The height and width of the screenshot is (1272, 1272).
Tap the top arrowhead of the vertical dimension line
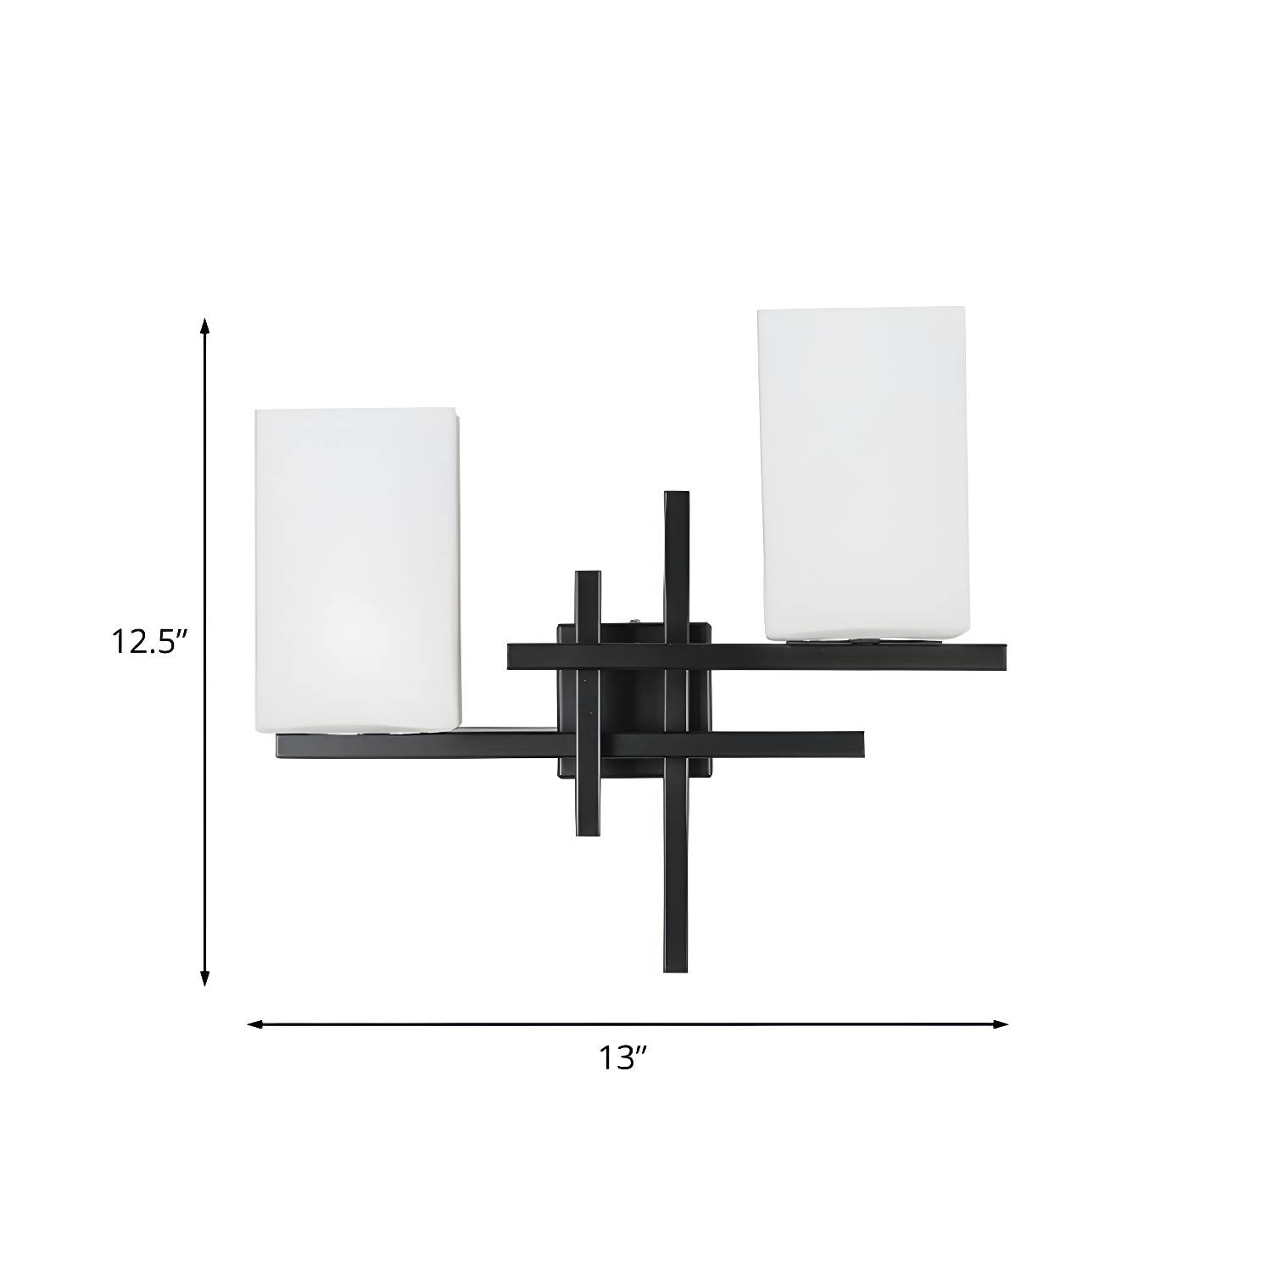pyautogui.click(x=204, y=326)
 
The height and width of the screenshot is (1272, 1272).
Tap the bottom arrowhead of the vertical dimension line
pyautogui.click(x=204, y=977)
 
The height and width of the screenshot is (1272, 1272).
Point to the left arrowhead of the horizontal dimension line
pyautogui.click(x=255, y=1024)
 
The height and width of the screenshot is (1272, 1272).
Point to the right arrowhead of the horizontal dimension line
pyautogui.click(x=999, y=1024)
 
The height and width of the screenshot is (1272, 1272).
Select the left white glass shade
pyautogui.click(x=360, y=570)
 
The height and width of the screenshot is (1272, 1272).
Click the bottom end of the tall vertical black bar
pyautogui.click(x=676, y=969)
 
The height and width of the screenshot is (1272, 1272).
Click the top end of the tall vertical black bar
pyautogui.click(x=676, y=494)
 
